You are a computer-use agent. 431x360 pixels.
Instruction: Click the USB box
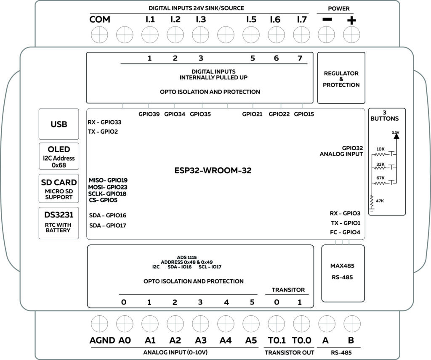pyautogui.click(x=59, y=124)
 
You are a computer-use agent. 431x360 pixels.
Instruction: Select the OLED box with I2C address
pyautogui.click(x=59, y=155)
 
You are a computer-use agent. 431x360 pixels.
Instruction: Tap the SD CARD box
pyautogui.click(x=59, y=189)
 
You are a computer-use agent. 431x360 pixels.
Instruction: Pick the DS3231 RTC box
pyautogui.click(x=59, y=222)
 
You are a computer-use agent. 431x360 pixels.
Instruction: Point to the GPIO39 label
pyautogui.click(x=149, y=114)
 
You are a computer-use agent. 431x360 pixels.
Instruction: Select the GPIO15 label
pyautogui.click(x=304, y=114)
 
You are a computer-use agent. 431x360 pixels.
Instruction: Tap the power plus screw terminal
pyautogui.click(x=351, y=33)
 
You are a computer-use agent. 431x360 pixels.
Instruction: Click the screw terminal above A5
pyautogui.click(x=251, y=324)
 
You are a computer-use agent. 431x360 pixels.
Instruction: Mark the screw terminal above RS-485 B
pyautogui.click(x=351, y=324)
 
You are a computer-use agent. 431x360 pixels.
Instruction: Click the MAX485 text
pyautogui.click(x=343, y=266)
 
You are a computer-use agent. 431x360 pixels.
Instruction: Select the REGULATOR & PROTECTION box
pyautogui.click(x=341, y=78)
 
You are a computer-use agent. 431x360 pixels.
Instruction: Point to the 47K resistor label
pyautogui.click(x=380, y=201)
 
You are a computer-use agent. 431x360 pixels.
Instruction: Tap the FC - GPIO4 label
pyautogui.click(x=345, y=232)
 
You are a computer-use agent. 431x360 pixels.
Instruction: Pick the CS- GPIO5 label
pyautogui.click(x=104, y=200)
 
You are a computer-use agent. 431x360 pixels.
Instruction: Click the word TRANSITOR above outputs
pyautogui.click(x=288, y=290)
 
